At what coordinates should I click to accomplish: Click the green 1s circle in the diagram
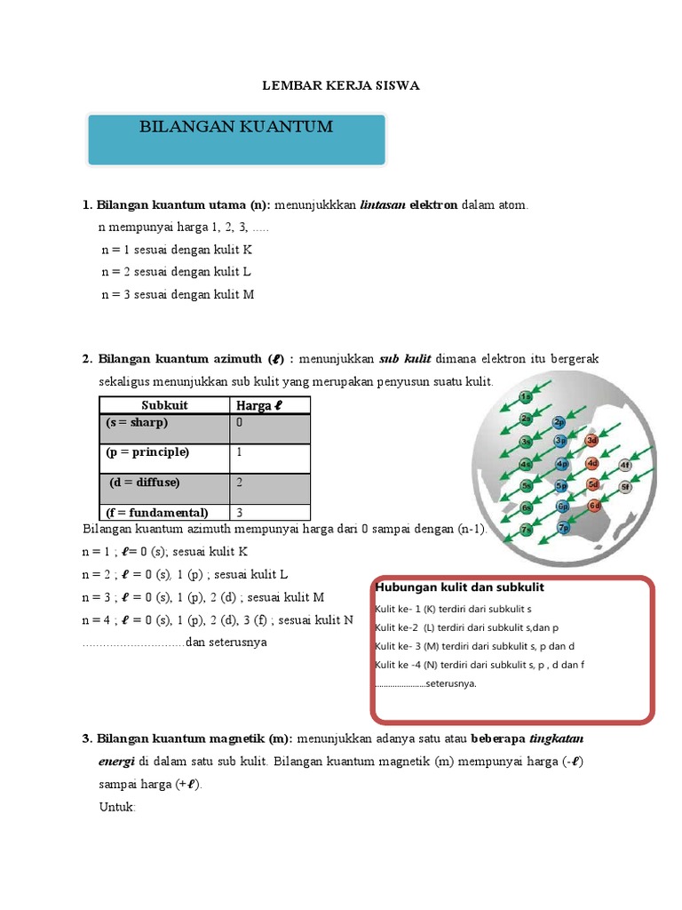[527, 397]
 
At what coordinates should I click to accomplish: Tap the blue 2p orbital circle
[559, 422]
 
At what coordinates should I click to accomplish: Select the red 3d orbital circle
[592, 441]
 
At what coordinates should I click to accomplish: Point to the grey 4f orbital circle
[625, 465]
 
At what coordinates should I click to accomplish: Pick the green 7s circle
[527, 531]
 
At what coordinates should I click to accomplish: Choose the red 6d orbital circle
[594, 506]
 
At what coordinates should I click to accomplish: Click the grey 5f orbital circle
[625, 487]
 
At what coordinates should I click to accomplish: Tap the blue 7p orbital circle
[563, 528]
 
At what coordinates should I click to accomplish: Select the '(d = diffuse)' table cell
[145, 483]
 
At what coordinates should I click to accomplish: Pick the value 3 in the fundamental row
[240, 513]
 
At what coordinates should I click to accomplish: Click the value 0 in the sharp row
[240, 423]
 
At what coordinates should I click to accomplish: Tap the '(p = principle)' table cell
[147, 452]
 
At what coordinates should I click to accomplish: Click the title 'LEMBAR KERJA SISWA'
[340, 86]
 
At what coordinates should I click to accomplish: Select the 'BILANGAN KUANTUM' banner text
[236, 127]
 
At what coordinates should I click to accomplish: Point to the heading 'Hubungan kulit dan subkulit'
[459, 588]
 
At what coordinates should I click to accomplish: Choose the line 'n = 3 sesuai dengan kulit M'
[178, 294]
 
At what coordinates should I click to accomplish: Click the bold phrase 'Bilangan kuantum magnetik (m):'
[194, 738]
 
